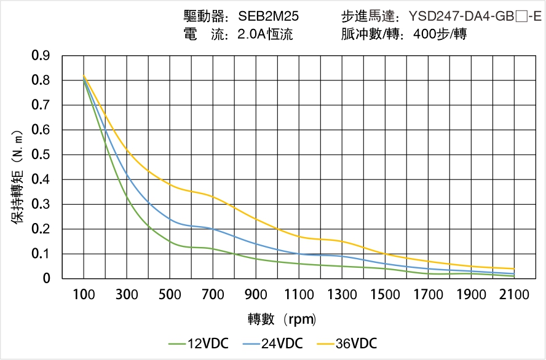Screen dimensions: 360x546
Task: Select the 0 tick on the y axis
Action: [47, 278]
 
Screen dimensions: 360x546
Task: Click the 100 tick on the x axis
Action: [84, 294]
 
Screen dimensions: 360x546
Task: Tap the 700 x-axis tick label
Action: [213, 294]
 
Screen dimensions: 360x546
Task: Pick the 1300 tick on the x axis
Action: [342, 294]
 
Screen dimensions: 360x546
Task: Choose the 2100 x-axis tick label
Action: [514, 294]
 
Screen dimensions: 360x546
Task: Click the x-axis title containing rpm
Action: [282, 319]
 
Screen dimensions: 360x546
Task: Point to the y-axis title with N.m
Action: [18, 176]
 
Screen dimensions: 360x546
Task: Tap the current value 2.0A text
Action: [251, 34]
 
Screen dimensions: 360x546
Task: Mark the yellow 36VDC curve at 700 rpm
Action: [213, 197]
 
